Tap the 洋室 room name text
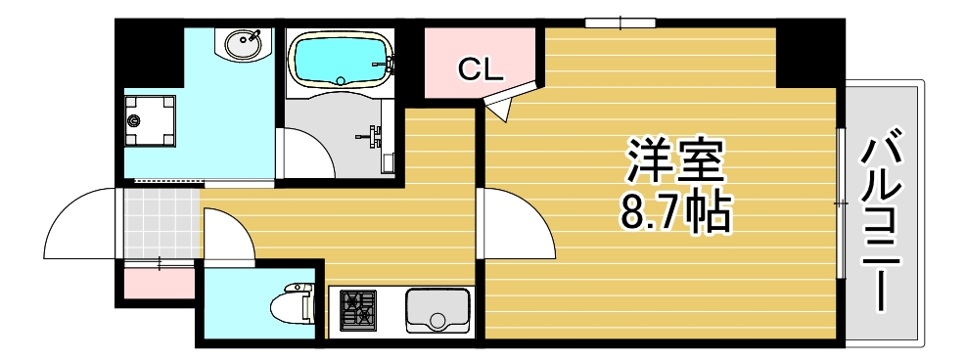[x=675, y=161]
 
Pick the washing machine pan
[x=150, y=120]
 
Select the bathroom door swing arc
[x=311, y=155]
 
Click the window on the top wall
[x=620, y=22]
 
